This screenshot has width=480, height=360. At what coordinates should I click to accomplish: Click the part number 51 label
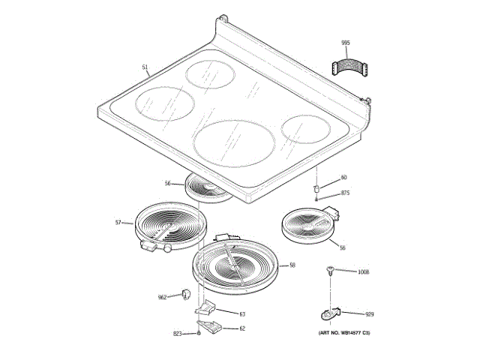(x=145, y=68)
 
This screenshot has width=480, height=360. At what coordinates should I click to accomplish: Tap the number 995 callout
(x=345, y=43)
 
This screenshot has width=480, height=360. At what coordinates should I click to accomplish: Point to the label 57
(x=118, y=222)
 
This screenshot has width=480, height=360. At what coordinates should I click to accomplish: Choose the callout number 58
(x=292, y=265)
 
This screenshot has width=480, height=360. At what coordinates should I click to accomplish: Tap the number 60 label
(x=343, y=177)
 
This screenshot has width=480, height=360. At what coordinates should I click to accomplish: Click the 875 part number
(x=345, y=193)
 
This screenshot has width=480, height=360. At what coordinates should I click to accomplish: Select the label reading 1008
(x=364, y=271)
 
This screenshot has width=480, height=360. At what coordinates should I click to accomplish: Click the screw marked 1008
(x=329, y=271)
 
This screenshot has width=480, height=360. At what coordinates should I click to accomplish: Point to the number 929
(x=369, y=314)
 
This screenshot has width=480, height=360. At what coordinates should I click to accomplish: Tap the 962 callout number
(x=162, y=297)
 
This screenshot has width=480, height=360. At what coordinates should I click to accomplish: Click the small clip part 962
(x=185, y=292)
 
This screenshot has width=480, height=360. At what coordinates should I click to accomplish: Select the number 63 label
(x=242, y=313)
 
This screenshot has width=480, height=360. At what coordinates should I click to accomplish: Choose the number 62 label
(x=242, y=328)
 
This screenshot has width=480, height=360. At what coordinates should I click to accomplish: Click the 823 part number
(x=178, y=333)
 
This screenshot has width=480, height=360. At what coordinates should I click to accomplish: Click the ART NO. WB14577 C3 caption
(x=343, y=331)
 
